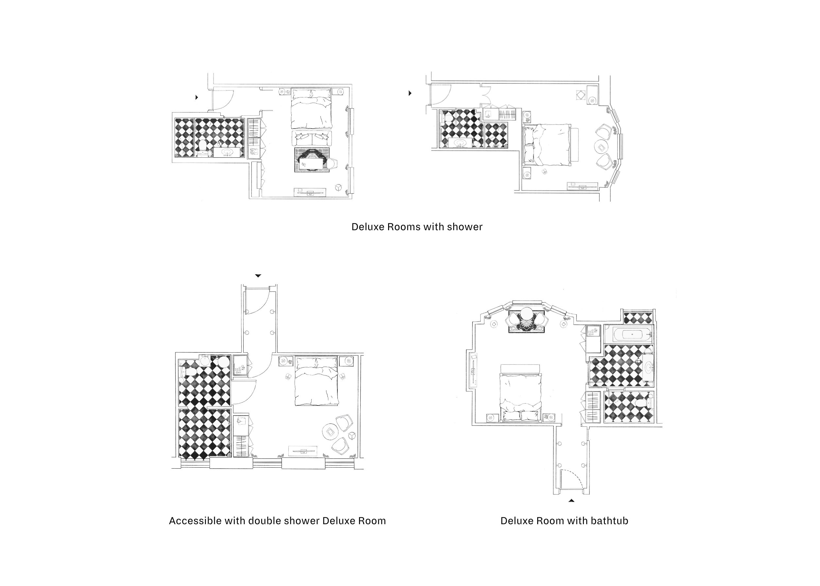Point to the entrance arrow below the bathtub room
coord(571,500)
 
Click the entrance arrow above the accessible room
coord(258,276)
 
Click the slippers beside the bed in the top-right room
coord(544,171)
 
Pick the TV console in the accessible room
coord(302,451)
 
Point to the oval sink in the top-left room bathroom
coord(227,152)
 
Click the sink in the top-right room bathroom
coord(460,143)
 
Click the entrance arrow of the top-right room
coord(410,93)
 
